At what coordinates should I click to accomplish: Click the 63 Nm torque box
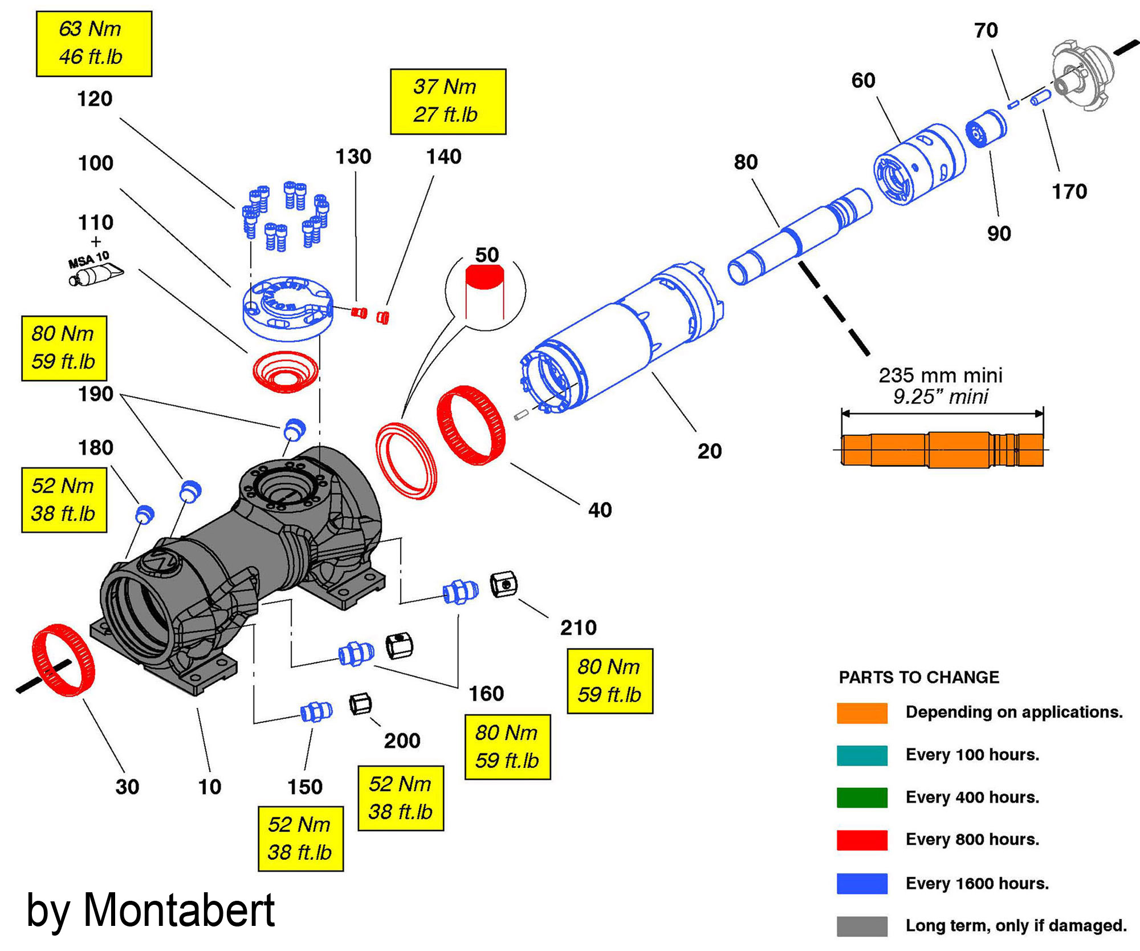click(94, 43)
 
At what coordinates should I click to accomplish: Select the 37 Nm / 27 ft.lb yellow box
click(448, 102)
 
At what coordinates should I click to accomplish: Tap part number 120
click(95, 99)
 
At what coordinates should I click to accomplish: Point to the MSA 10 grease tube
click(97, 275)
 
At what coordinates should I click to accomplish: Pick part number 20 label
click(710, 451)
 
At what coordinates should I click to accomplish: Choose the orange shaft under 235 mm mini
click(942, 450)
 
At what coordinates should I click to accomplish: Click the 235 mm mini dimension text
click(940, 375)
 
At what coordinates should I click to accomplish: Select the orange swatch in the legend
click(862, 713)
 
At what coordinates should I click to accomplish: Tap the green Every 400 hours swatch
click(862, 798)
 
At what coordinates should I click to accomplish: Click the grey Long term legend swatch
click(862, 926)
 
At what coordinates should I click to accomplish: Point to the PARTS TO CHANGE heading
click(919, 677)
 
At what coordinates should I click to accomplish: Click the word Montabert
click(179, 909)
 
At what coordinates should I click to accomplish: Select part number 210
click(578, 628)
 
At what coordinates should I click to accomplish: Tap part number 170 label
click(1069, 191)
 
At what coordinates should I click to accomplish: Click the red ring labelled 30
click(63, 660)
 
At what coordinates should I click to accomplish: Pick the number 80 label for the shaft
click(746, 162)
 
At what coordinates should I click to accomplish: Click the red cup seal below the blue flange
click(285, 371)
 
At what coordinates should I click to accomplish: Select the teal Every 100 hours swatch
click(862, 755)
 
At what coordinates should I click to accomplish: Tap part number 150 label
click(305, 787)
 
